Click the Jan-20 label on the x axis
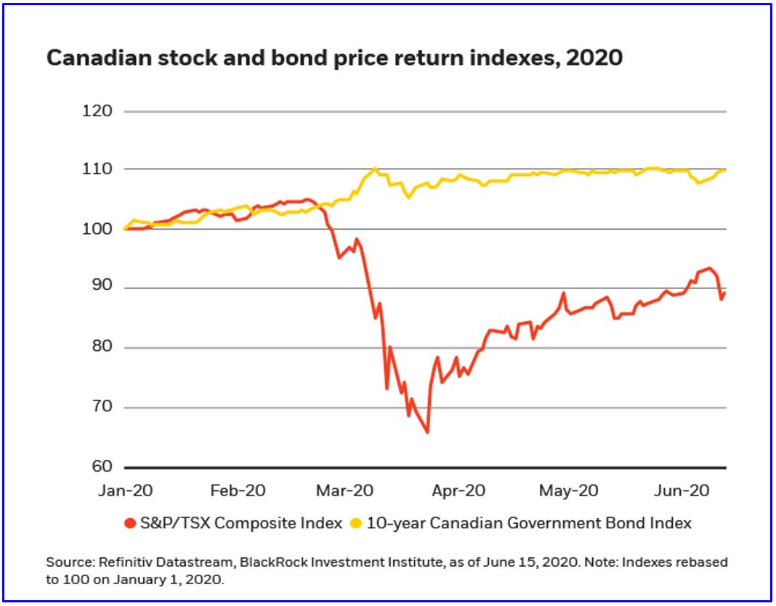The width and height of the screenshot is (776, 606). click(126, 490)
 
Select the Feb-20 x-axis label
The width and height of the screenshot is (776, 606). click(238, 490)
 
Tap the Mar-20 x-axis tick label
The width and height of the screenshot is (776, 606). click(345, 490)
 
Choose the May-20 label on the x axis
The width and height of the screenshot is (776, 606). click(568, 490)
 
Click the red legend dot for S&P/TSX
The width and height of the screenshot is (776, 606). click(131, 523)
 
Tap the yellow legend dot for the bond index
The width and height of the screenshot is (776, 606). click(357, 523)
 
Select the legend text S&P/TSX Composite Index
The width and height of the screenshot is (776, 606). click(241, 523)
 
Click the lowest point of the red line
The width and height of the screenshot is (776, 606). click(427, 432)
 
